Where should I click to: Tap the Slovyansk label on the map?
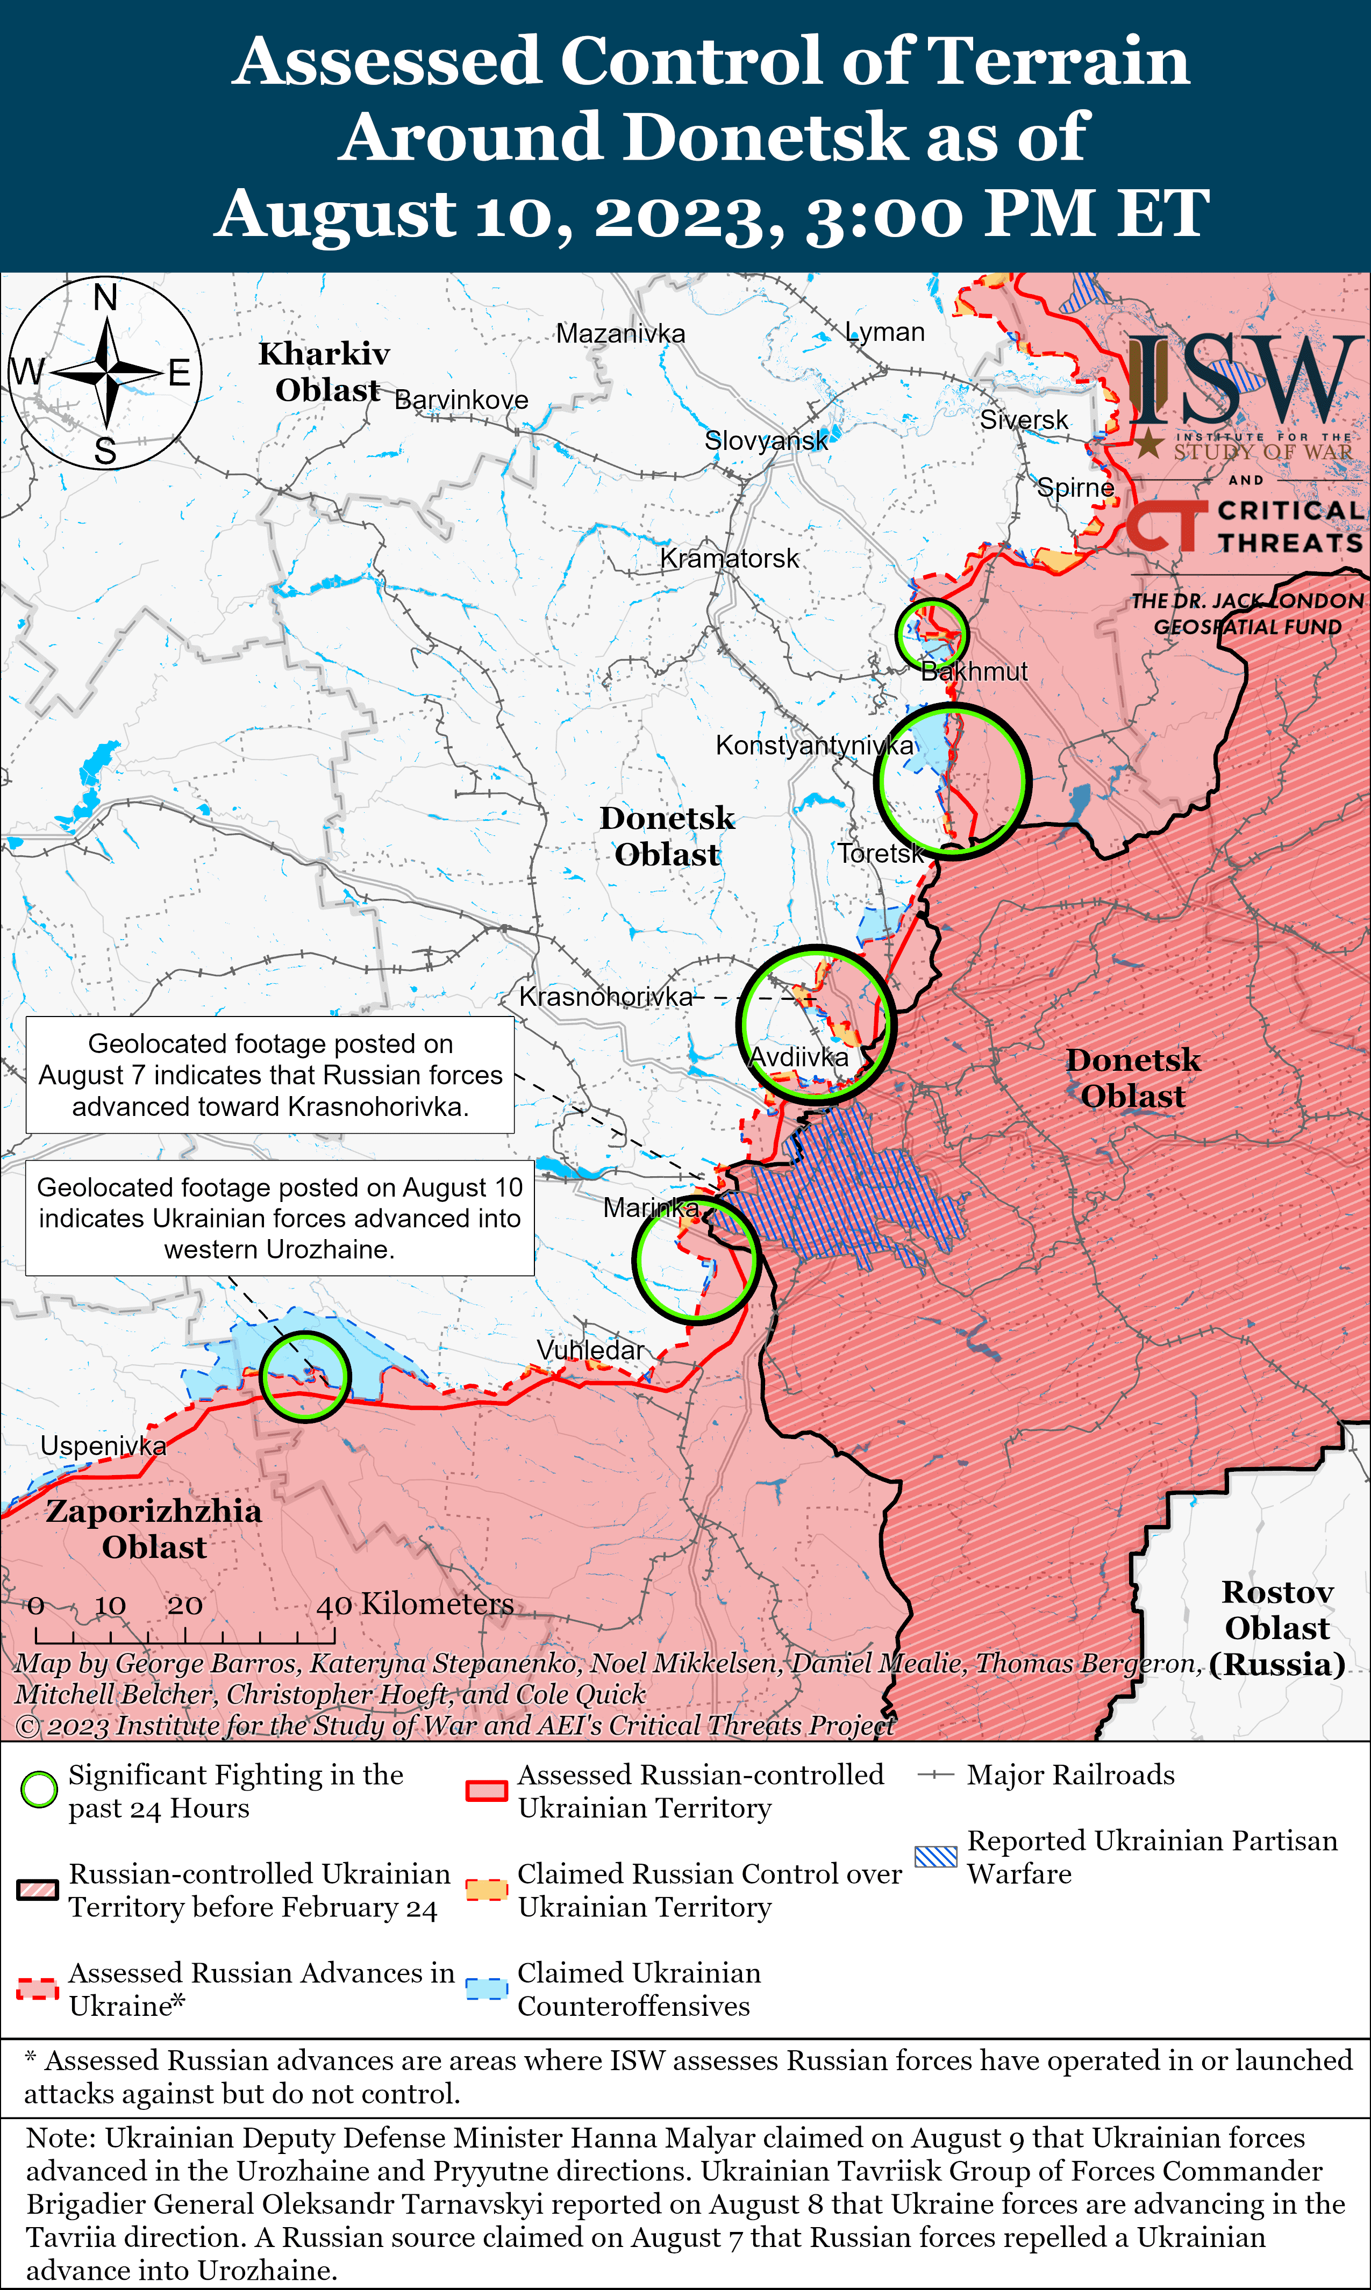766,441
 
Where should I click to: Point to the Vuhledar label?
590,1350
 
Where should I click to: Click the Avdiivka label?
799,1057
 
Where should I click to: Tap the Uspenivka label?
103,1445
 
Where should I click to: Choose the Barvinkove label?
461,400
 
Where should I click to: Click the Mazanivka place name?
620,333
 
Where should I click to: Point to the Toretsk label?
880,854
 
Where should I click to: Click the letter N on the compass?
105,297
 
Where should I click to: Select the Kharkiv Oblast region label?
324,371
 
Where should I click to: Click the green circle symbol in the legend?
39,1790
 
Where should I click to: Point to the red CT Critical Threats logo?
1166,526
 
